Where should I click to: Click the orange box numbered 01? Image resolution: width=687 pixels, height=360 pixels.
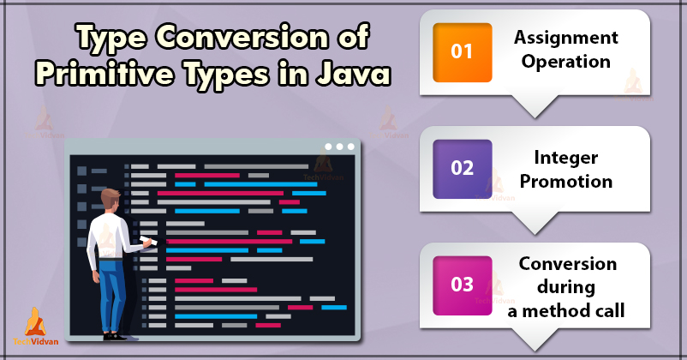(x=462, y=51)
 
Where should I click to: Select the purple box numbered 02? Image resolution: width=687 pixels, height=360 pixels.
(x=463, y=169)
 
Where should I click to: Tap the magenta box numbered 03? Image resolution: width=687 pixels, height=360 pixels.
(x=463, y=285)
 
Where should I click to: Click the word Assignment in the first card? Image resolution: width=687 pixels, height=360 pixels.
(x=565, y=39)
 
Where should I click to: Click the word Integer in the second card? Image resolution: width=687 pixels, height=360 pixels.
(x=565, y=158)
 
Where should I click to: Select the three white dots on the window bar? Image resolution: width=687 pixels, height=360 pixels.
(x=340, y=147)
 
